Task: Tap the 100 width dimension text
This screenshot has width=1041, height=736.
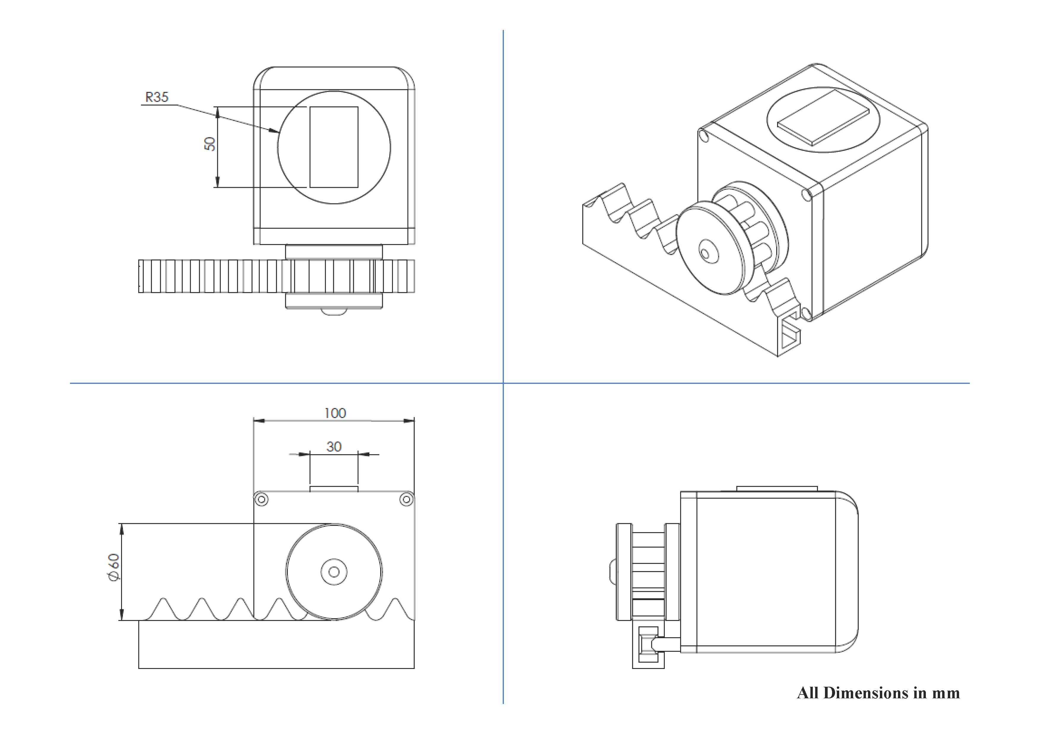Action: point(335,413)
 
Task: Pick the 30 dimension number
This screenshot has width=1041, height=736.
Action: point(334,447)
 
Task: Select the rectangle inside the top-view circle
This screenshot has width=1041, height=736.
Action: point(334,147)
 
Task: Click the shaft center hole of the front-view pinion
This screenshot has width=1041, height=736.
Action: point(334,572)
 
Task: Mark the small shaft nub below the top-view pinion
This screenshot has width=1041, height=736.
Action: point(334,311)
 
